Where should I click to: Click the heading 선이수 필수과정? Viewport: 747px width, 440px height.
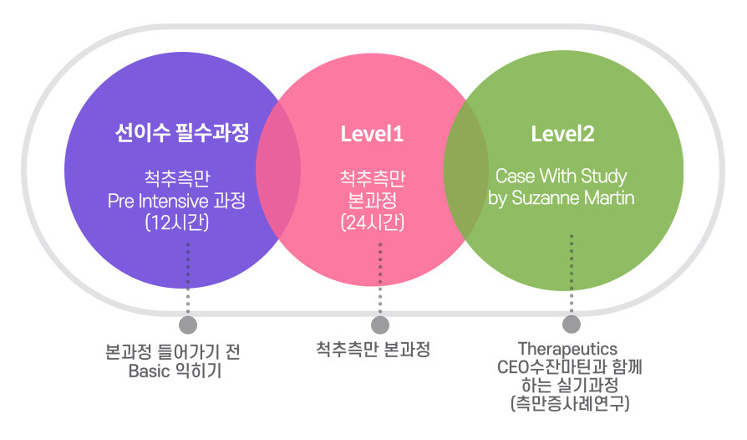click(x=182, y=132)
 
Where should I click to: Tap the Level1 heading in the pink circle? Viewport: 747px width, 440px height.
click(x=372, y=134)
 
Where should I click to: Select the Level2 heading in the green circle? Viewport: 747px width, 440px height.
click(x=562, y=134)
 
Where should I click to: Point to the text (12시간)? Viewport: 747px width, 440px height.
click(x=177, y=223)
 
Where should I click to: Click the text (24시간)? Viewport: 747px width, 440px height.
click(x=373, y=223)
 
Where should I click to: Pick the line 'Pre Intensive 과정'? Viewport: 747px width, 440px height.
click(x=177, y=201)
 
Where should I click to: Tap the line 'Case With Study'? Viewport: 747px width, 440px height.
click(x=562, y=176)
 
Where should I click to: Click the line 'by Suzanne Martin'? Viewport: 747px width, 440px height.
click(x=562, y=198)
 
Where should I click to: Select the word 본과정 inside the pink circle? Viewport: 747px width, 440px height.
click(x=373, y=200)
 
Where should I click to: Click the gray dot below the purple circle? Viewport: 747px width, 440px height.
click(x=188, y=325)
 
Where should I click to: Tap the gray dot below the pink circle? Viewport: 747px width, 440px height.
click(x=380, y=325)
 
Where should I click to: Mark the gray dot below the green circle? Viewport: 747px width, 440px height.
click(x=572, y=325)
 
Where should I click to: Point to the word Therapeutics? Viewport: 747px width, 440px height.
click(x=567, y=349)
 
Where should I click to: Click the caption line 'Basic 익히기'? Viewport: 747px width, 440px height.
click(x=175, y=371)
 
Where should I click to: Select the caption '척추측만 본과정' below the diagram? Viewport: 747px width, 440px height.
click(x=373, y=350)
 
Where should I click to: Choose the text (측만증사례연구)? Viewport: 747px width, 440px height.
click(x=570, y=403)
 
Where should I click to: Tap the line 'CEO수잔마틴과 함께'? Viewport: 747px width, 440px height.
click(x=570, y=367)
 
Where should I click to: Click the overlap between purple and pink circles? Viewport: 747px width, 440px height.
click(x=278, y=170)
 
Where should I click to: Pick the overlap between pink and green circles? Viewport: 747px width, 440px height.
click(x=466, y=170)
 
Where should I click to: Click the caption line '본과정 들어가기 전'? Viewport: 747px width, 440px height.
click(x=172, y=352)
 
